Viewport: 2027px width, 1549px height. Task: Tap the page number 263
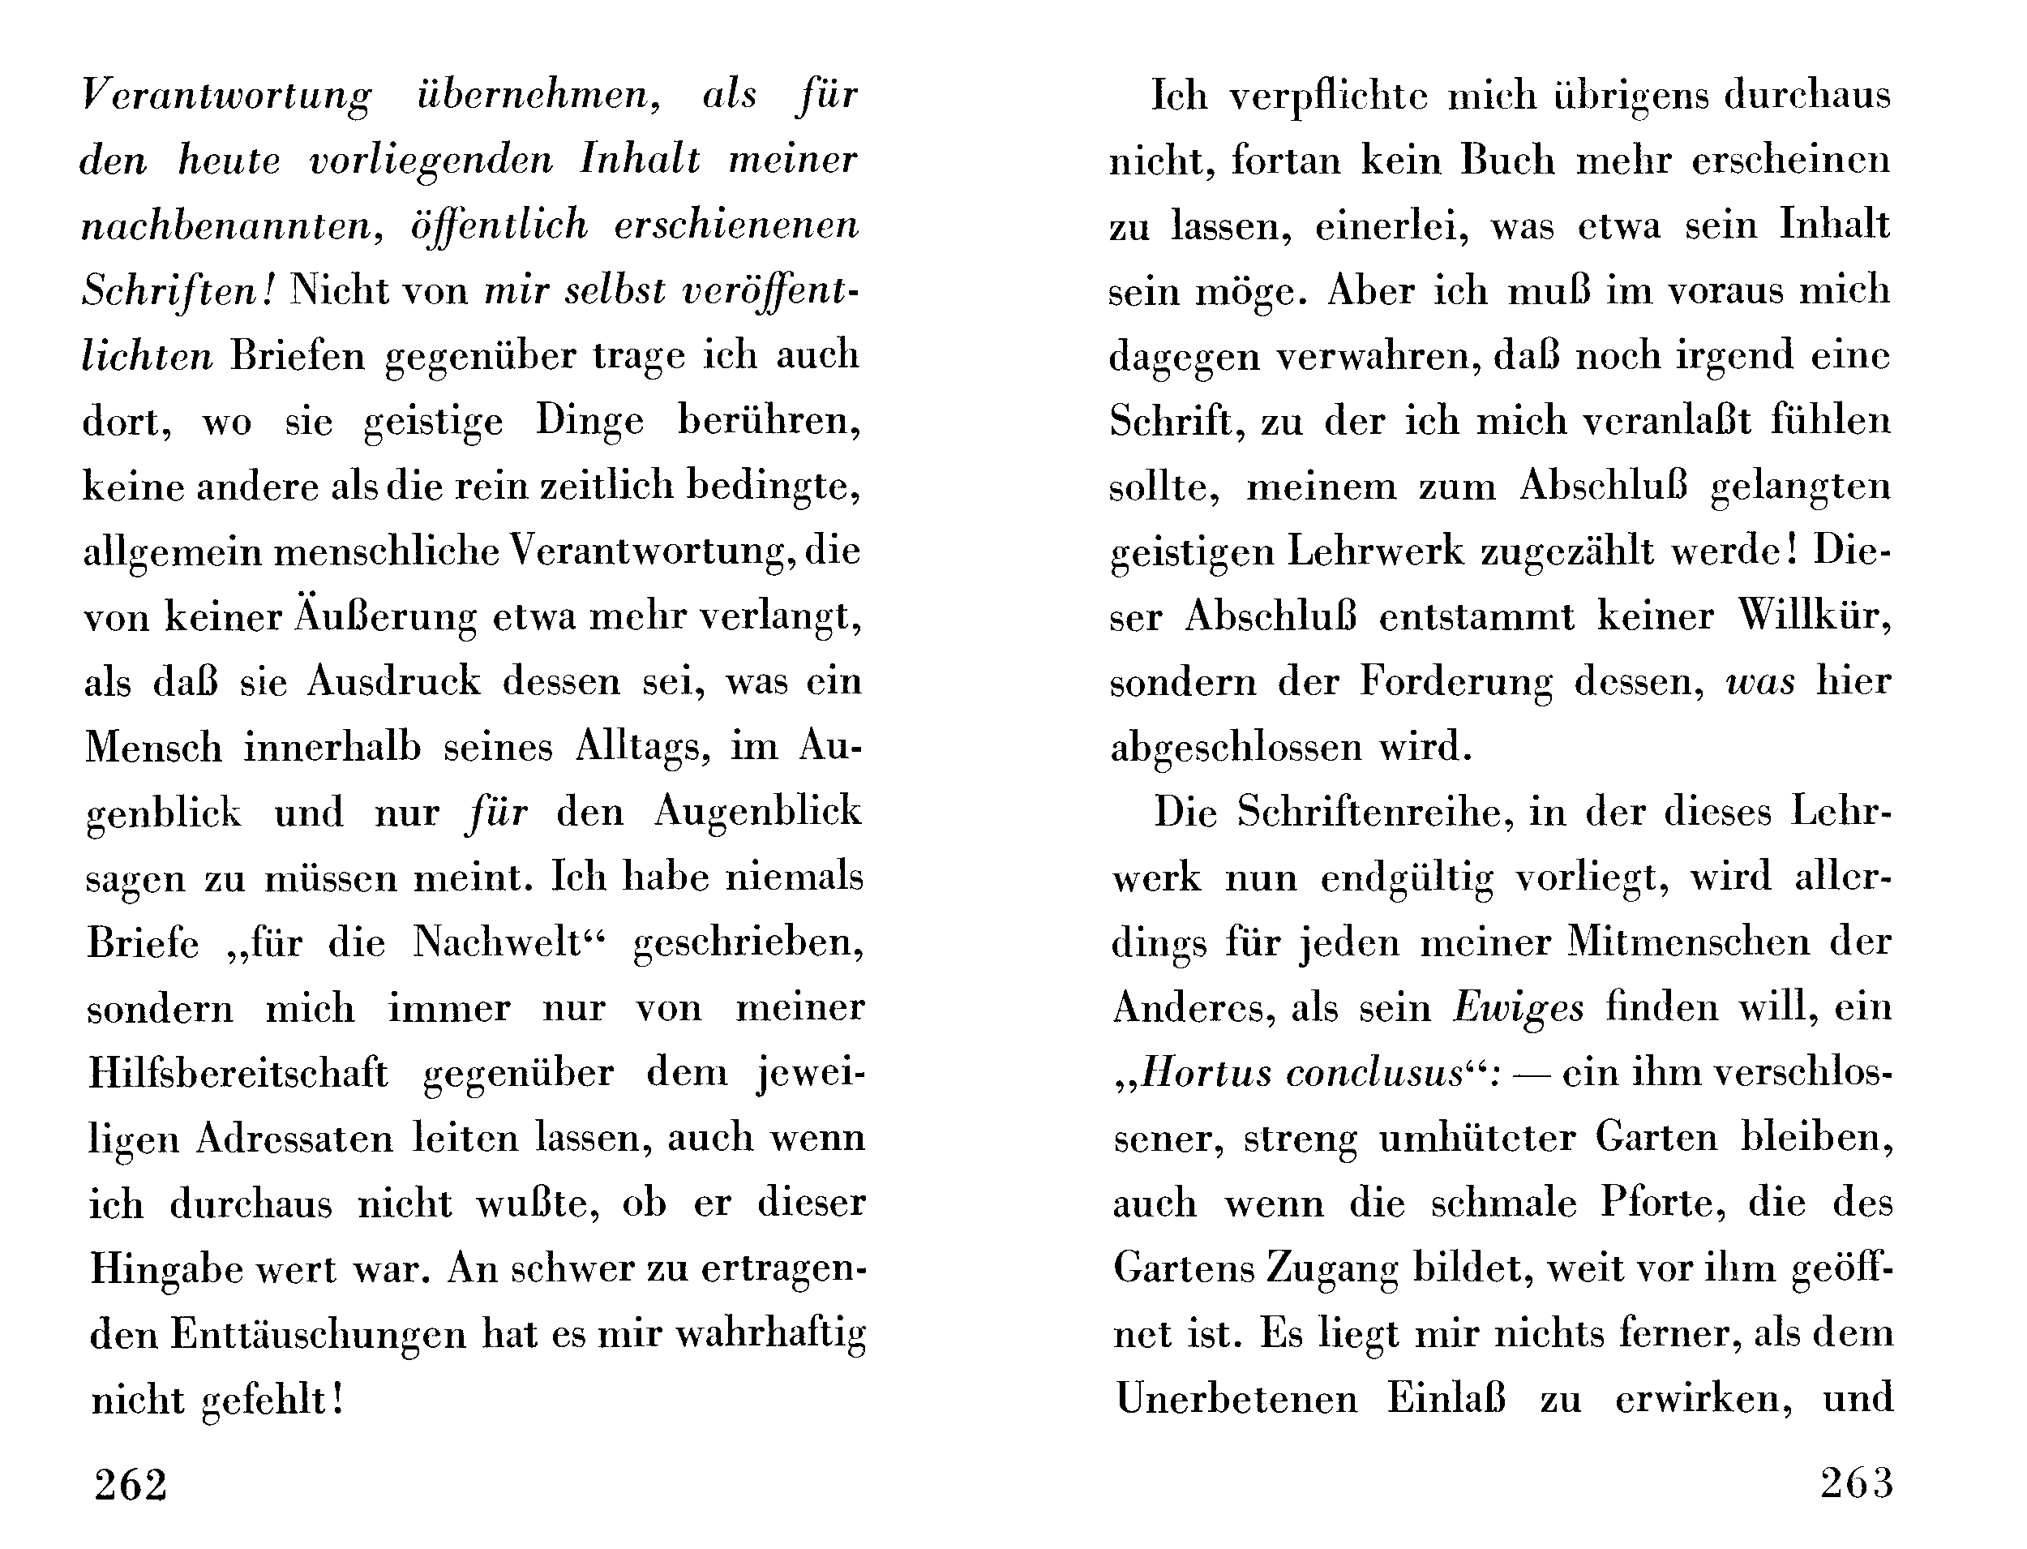(1857, 1483)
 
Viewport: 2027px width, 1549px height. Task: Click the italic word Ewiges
(1518, 1008)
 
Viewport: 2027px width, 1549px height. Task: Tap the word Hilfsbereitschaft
(238, 1074)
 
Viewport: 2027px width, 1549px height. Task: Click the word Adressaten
(294, 1139)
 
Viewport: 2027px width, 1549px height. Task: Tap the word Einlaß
(1446, 1400)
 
